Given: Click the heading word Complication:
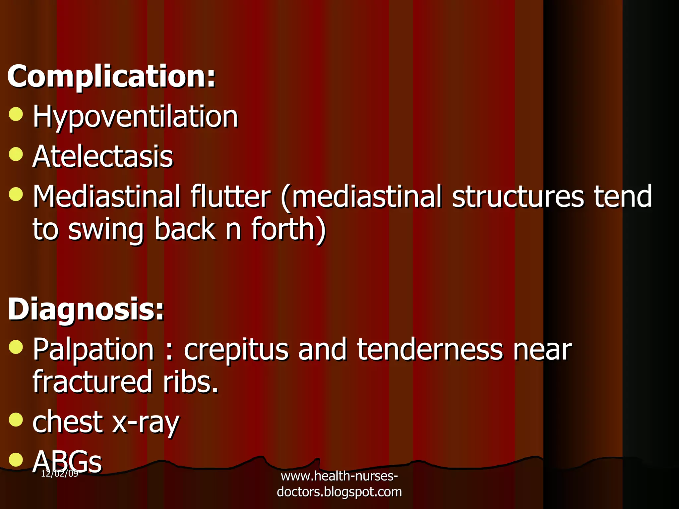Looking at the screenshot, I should pos(111,77).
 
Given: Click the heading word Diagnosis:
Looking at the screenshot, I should pos(86,309).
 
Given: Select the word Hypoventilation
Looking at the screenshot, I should pos(135,117).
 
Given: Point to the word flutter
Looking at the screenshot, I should pos(230,197).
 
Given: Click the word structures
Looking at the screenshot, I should pos(518,197).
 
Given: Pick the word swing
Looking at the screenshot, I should pos(106,230).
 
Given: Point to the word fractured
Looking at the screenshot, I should pos(93,382).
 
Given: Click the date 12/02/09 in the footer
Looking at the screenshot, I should pos(60,474).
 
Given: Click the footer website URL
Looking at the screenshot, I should pos(339,484).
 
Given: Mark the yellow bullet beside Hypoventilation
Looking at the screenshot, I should pos(16,114).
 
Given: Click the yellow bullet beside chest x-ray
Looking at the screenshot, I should pos(16,420).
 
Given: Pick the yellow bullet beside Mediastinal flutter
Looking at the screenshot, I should pos(16,194).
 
